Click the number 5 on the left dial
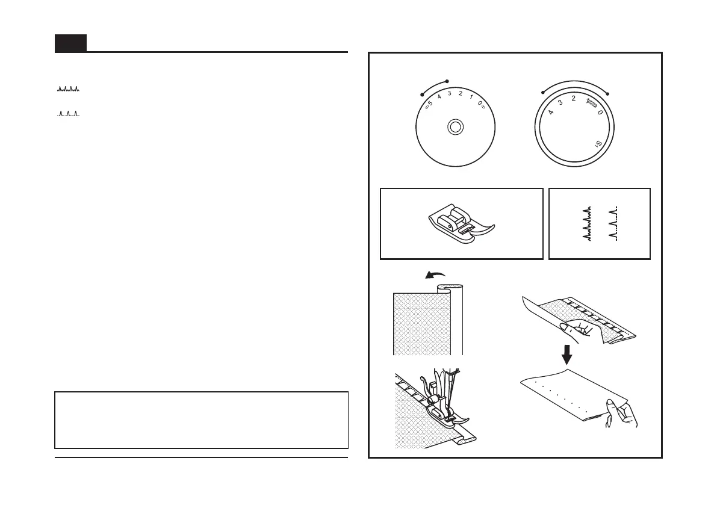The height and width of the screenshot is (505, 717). (430, 103)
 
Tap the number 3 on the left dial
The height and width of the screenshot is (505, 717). (450, 93)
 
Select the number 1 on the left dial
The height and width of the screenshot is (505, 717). (471, 97)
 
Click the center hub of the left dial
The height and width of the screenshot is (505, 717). (455, 126)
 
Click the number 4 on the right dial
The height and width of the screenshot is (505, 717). (551, 112)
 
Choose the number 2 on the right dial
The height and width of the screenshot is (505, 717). (574, 99)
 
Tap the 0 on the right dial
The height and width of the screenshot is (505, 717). (600, 113)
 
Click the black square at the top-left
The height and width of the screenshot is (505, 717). (70, 43)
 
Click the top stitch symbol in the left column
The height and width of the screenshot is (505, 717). (68, 89)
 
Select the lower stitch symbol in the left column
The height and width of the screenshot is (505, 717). (68, 113)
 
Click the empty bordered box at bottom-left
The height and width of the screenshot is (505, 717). (202, 420)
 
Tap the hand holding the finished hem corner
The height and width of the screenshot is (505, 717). (622, 412)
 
